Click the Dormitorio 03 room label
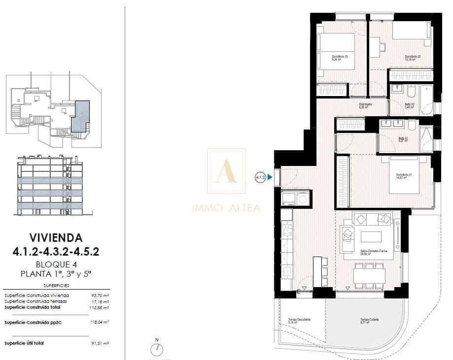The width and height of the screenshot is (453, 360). tap(340, 58)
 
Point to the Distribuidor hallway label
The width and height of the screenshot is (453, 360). tap(365, 105)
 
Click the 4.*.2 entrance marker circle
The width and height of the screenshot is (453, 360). tap(260, 177)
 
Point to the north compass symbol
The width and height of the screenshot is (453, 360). tap(157, 349)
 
